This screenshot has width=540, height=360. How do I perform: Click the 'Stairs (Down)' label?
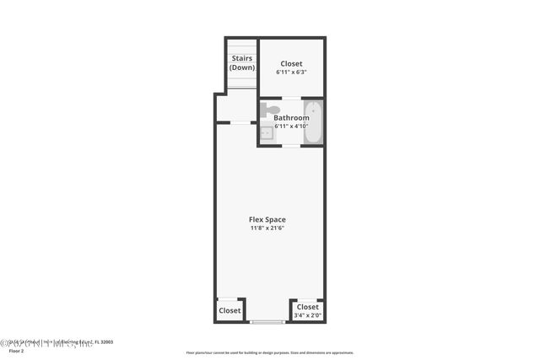click(242, 62)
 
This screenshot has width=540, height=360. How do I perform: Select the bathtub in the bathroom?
click(312, 122)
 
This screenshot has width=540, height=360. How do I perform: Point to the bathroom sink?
click(266, 132)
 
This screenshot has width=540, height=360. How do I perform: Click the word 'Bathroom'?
click(291, 118)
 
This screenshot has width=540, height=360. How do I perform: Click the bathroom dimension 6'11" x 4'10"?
click(291, 126)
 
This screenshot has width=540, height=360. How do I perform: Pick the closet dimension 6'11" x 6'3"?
click(291, 73)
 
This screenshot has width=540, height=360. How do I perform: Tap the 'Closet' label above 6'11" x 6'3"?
click(291, 64)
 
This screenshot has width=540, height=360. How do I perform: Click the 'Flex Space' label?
click(267, 219)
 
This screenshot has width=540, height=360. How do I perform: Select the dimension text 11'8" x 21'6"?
click(267, 228)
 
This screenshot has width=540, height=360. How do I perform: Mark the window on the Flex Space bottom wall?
click(267, 322)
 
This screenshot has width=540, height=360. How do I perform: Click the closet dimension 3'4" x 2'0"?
click(307, 315)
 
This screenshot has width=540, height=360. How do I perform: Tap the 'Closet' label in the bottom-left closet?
click(229, 310)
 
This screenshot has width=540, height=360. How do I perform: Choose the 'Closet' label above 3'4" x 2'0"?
click(308, 307)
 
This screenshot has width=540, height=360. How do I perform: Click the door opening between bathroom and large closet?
click(291, 98)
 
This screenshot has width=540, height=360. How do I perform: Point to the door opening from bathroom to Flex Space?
click(291, 146)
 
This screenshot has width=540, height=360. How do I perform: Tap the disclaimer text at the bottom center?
click(269, 352)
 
